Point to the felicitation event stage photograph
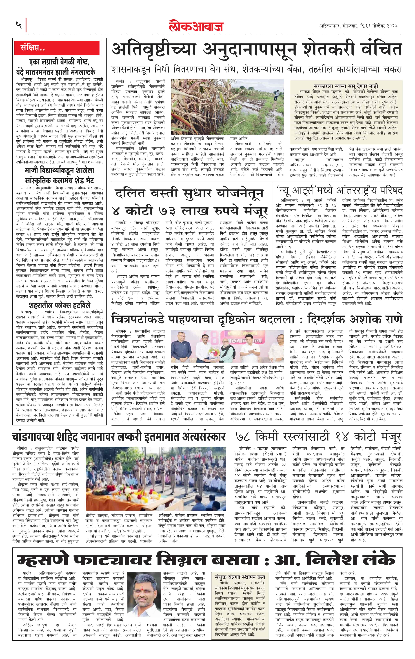[x=227, y=346]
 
